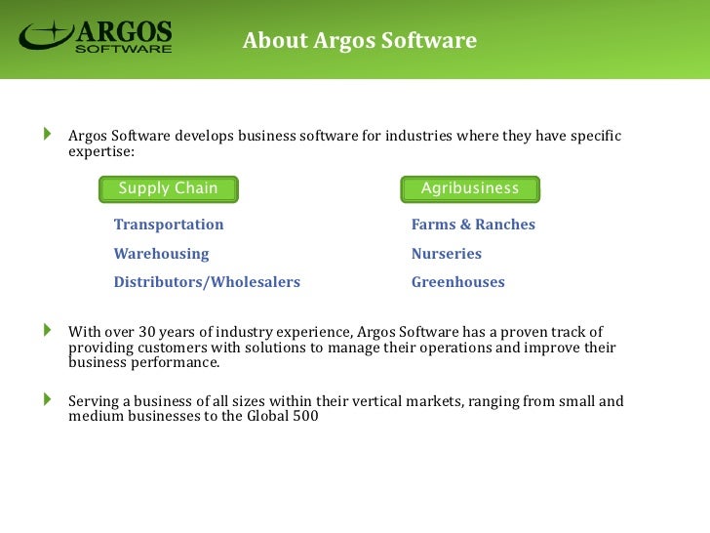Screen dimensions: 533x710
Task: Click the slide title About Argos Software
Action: tap(359, 41)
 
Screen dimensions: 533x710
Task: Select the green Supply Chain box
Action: tap(169, 188)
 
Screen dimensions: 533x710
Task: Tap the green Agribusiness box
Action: tap(470, 188)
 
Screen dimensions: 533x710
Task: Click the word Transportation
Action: tap(169, 225)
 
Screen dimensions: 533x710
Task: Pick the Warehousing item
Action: tap(161, 254)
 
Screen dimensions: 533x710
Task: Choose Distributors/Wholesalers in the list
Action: tap(207, 282)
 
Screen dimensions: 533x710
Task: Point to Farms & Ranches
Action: tap(473, 225)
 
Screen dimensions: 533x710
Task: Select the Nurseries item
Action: tap(447, 254)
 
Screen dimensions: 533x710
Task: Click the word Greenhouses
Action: tap(458, 282)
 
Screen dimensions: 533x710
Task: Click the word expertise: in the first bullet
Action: tap(101, 152)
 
